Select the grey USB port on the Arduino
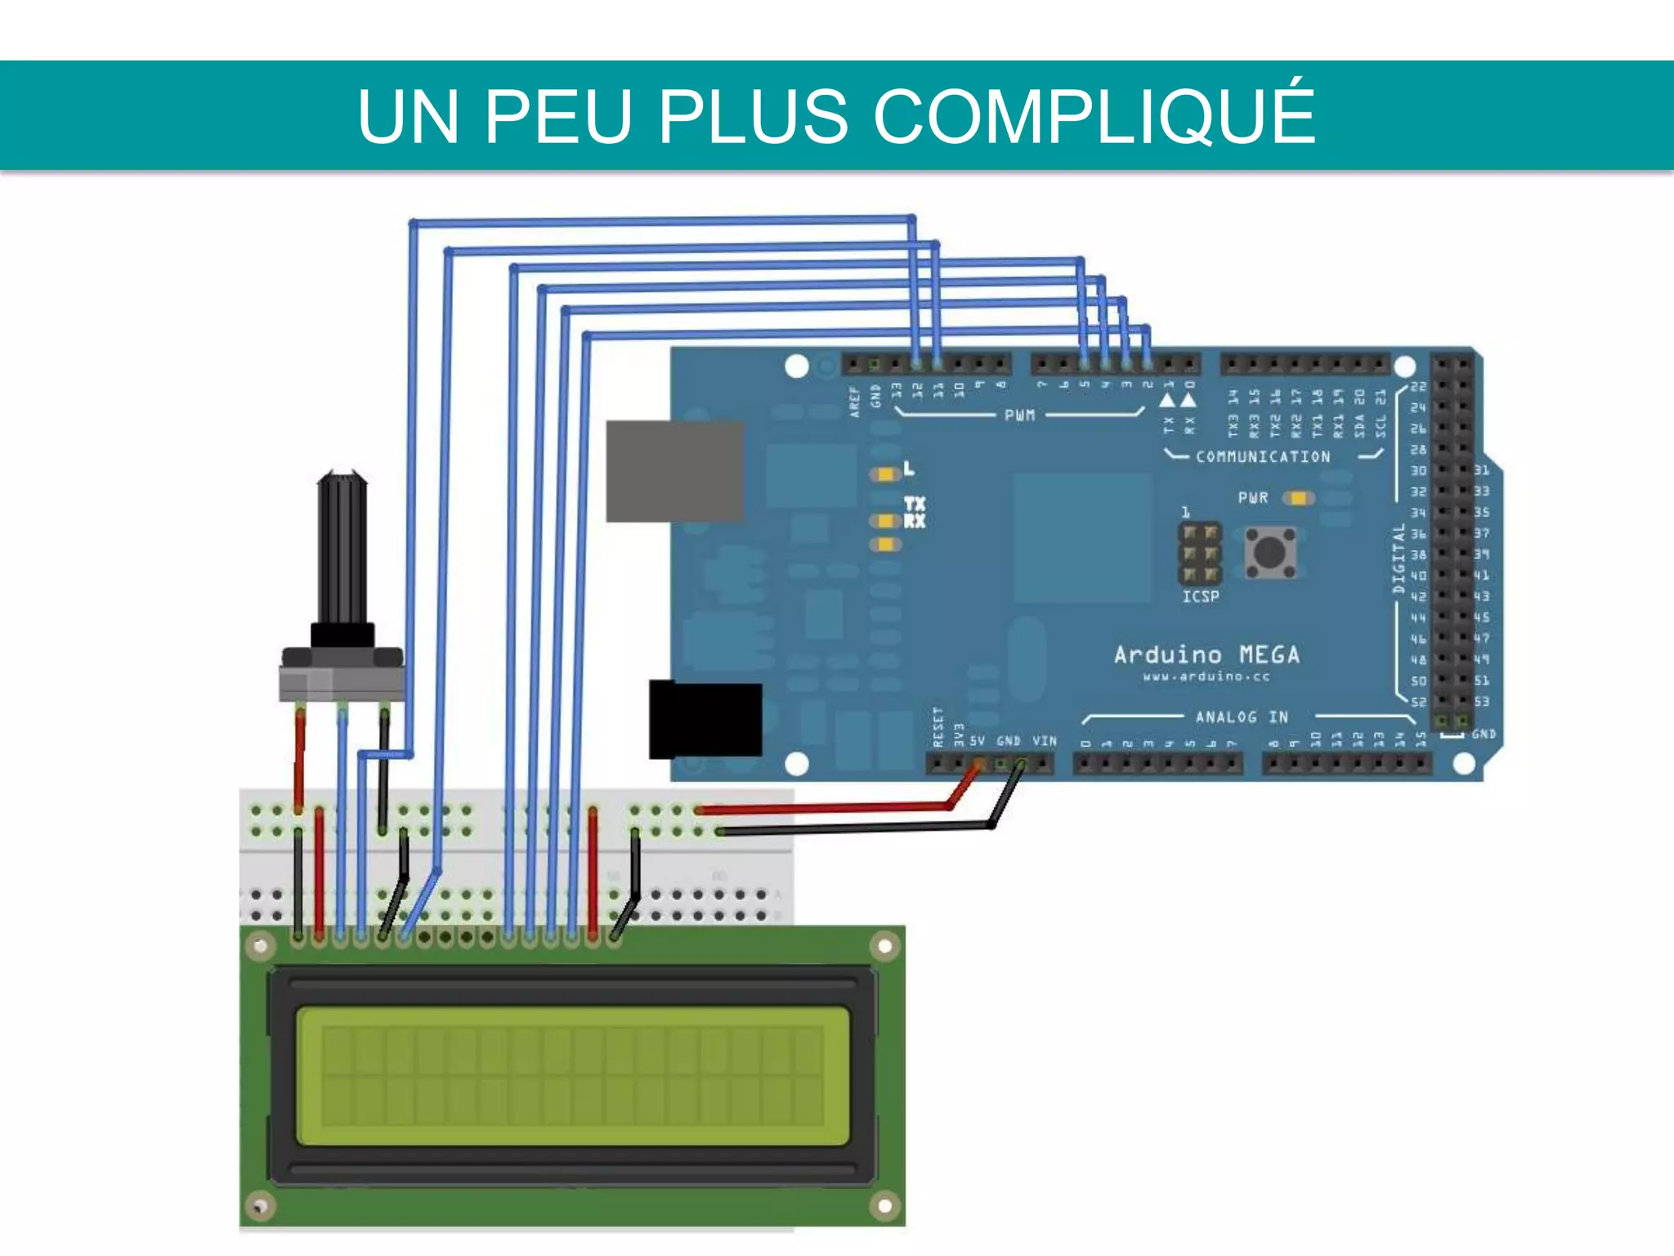coord(674,471)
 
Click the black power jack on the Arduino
coord(705,720)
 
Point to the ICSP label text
coord(1201,597)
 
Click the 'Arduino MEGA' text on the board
coord(1206,655)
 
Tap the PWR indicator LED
coord(1297,498)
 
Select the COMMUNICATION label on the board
coord(1263,457)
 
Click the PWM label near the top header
coord(1019,415)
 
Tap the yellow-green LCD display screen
coord(572,1076)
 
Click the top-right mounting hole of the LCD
coord(884,947)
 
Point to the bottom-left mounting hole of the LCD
coord(260,1206)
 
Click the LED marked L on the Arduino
coord(885,474)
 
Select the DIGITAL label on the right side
coord(1399,558)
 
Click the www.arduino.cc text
coord(1206,677)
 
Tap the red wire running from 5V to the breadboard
coord(826,808)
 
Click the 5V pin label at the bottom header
coord(978,741)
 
